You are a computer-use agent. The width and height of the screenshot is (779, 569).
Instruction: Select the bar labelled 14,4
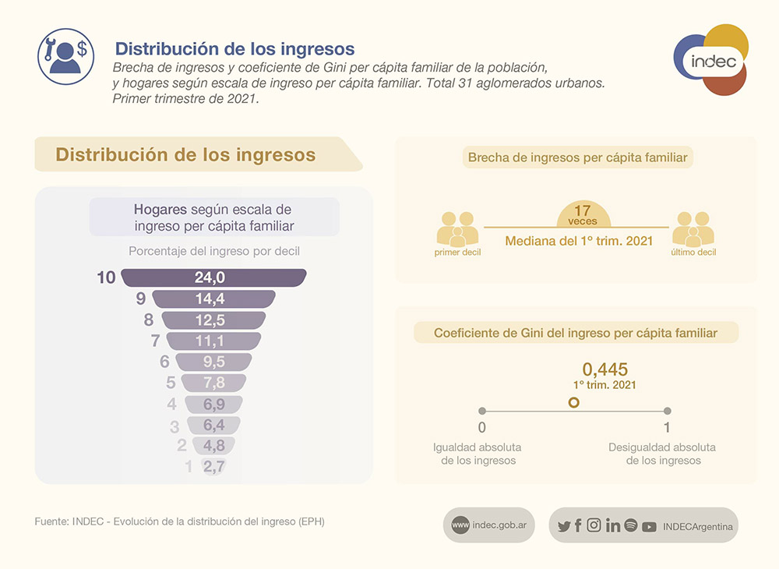coord(213,299)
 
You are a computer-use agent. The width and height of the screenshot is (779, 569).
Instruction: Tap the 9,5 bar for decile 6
coord(213,362)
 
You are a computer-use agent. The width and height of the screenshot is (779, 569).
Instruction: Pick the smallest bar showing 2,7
coord(213,467)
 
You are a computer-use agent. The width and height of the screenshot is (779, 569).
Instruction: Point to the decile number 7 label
coord(155,341)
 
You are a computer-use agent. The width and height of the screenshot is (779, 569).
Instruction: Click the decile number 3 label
coord(174,426)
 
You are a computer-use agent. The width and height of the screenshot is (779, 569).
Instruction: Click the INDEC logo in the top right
coord(710,60)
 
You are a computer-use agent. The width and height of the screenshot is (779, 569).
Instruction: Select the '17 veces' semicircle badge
coord(583,214)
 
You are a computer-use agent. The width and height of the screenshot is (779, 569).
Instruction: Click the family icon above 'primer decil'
coord(457,229)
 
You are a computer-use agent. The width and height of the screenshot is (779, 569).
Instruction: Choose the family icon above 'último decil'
coord(694,229)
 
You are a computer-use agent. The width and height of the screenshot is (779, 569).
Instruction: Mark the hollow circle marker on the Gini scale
coord(574,403)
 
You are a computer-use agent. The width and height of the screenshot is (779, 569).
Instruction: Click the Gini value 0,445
coord(605,369)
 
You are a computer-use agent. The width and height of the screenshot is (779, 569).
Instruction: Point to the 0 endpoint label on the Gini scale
coord(482,427)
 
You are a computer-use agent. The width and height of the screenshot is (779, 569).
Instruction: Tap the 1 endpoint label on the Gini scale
coord(667,427)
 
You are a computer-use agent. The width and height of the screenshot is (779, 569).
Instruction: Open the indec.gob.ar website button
coord(489,525)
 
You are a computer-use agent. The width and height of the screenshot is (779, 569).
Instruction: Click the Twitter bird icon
coord(564,526)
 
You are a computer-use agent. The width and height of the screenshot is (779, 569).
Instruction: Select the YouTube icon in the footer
coord(649,526)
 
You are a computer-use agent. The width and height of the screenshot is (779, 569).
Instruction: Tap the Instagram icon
coord(594,525)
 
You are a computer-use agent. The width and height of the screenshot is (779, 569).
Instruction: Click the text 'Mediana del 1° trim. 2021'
coord(579,242)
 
